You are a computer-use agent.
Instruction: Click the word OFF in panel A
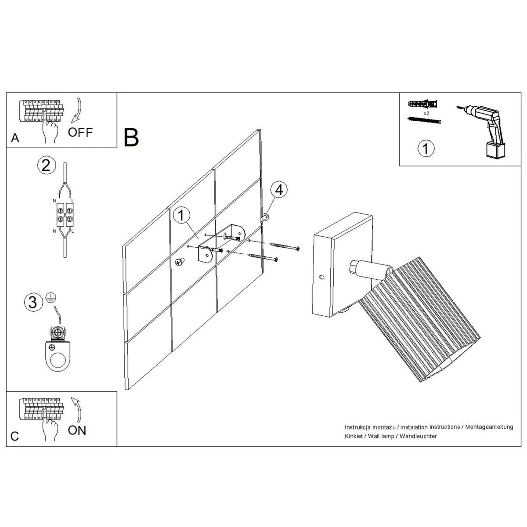80,132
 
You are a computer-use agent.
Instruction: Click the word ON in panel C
77,430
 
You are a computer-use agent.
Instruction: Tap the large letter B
131,137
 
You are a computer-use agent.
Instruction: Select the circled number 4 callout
279,190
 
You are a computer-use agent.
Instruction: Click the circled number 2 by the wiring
47,166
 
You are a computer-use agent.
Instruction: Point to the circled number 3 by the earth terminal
33,303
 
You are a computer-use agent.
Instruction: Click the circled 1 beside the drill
426,148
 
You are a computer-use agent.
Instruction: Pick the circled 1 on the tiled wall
181,216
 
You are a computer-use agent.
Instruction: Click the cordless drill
481,131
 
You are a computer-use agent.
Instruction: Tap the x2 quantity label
426,113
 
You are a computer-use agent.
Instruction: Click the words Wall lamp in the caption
381,436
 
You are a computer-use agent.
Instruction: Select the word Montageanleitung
489,426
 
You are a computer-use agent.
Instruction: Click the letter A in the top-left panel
15,138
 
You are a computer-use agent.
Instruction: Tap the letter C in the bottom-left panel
15,436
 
